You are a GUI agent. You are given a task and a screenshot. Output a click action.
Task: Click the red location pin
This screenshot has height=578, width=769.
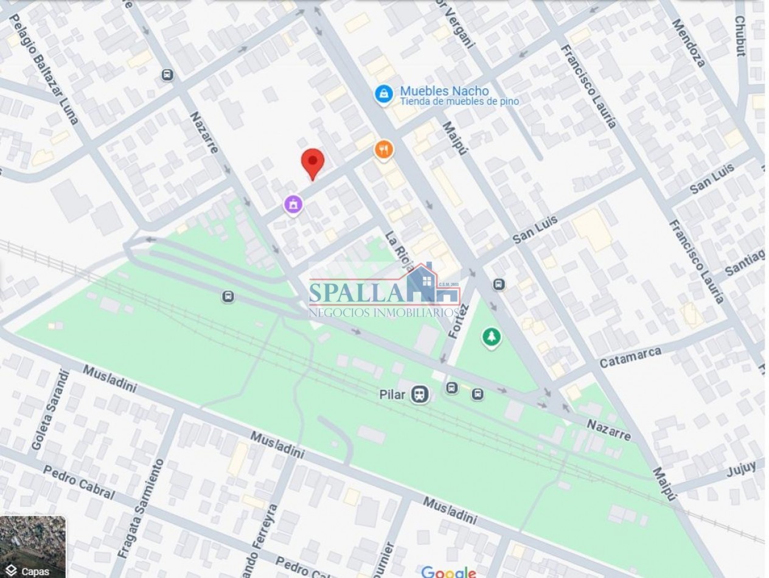(x=313, y=162)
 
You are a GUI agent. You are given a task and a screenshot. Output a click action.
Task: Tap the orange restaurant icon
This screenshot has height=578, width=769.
(x=383, y=149)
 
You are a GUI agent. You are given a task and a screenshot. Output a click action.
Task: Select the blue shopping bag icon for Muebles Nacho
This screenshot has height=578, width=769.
(x=383, y=94)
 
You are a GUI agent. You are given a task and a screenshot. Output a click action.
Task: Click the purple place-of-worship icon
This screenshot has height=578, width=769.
(x=294, y=204)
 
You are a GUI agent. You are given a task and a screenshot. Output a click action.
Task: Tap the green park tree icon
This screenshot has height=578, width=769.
(x=491, y=337)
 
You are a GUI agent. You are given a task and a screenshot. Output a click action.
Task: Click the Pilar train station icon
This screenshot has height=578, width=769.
(x=419, y=394)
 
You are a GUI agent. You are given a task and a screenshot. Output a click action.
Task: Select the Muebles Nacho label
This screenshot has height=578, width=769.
(x=444, y=91)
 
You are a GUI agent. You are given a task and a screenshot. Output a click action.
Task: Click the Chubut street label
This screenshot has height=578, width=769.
(x=740, y=36)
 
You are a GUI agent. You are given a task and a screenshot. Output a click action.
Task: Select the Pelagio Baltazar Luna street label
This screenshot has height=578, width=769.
(x=46, y=71)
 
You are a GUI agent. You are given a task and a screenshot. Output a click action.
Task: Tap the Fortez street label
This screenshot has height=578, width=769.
(x=459, y=321)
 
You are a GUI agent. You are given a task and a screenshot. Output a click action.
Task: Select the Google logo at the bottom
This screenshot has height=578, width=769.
(x=448, y=571)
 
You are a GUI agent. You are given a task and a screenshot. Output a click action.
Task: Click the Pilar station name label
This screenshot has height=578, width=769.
(x=392, y=394)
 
